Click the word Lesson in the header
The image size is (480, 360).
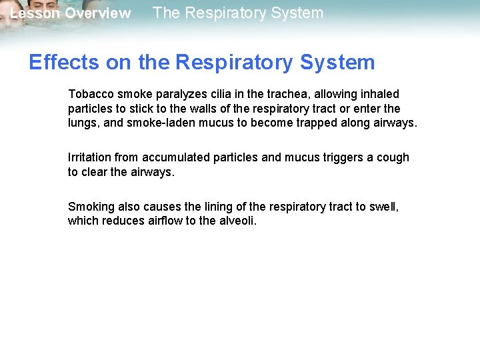[35, 13]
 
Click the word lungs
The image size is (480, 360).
[83, 123]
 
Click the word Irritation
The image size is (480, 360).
[89, 158]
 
